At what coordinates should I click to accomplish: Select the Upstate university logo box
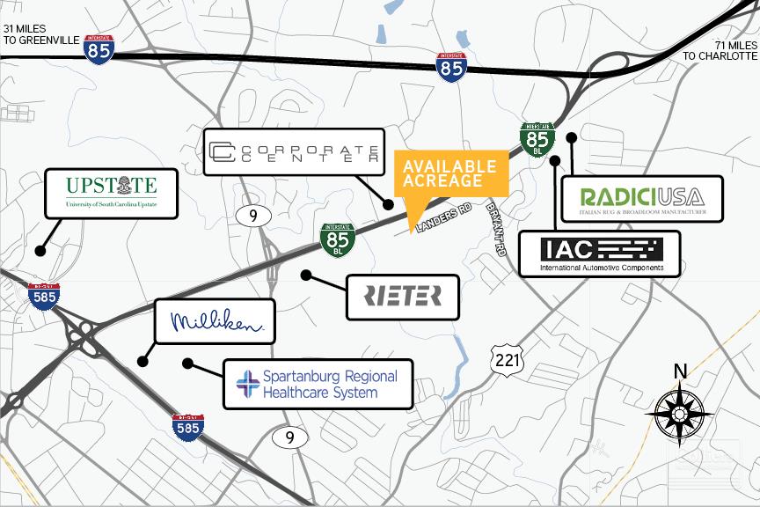[x=112, y=194]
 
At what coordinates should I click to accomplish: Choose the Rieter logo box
[x=403, y=296]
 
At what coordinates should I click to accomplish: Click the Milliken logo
[x=216, y=321]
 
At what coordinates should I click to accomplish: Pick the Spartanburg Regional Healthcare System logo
[x=318, y=384]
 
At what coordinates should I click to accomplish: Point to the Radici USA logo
[x=641, y=199]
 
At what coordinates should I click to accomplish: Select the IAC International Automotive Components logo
[x=599, y=253]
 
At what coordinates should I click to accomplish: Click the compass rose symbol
[x=679, y=411]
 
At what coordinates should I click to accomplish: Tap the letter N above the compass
[x=680, y=371]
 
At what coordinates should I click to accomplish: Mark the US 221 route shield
[x=507, y=359]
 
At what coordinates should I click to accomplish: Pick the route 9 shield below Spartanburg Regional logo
[x=289, y=437]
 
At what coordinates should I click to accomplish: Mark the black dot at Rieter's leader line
[x=306, y=276]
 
